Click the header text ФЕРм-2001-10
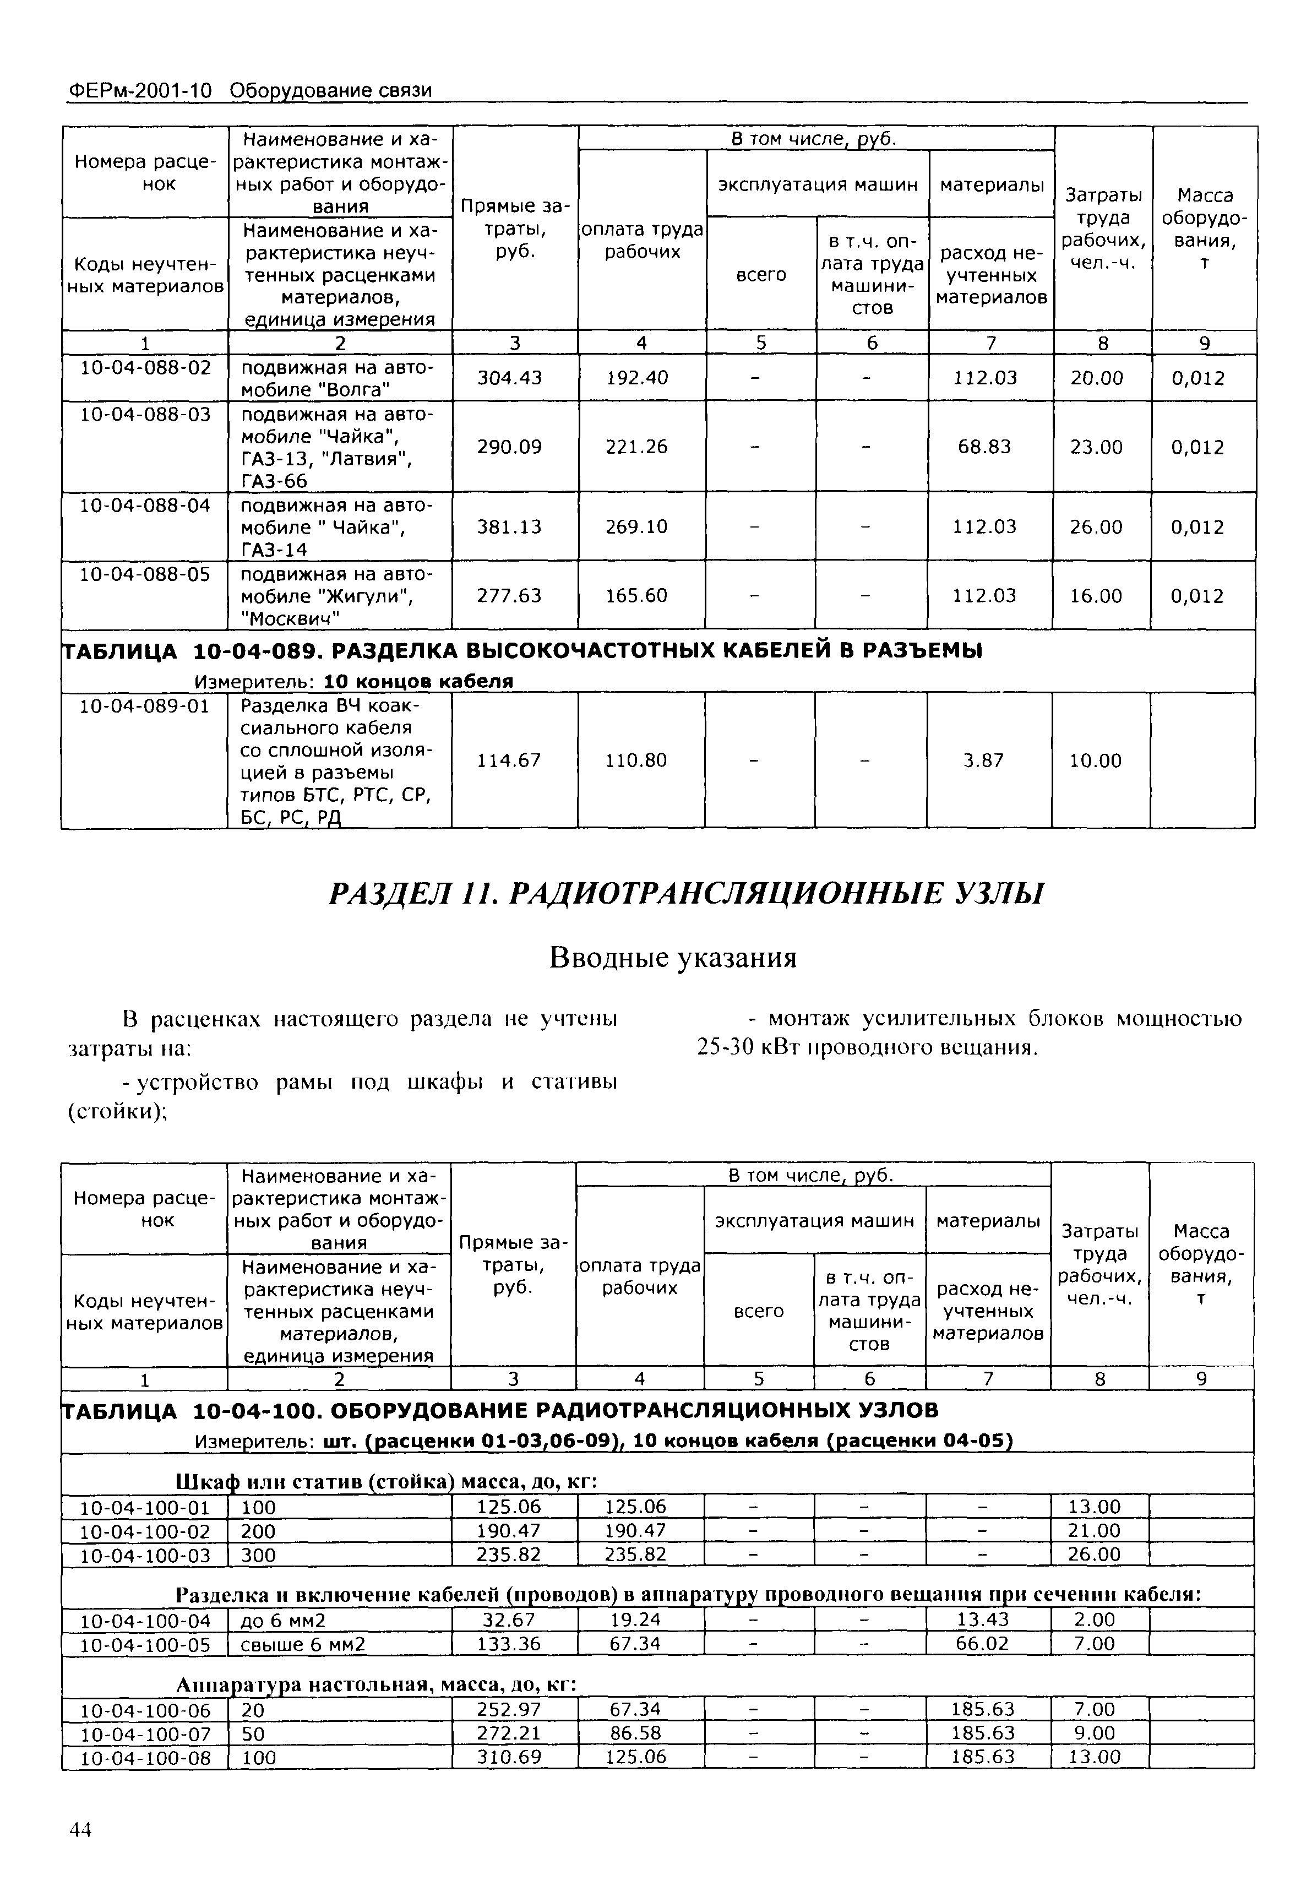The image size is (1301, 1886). coord(139,90)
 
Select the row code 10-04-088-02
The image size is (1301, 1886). coord(145,368)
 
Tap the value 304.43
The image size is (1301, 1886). coord(509,377)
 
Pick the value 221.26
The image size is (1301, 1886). coord(636,447)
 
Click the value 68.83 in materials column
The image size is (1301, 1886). coord(985,447)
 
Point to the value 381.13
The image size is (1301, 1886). coord(509,526)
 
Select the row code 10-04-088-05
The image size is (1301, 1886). coord(145,574)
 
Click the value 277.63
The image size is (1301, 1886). coord(509,596)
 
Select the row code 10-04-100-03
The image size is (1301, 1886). coord(145,1555)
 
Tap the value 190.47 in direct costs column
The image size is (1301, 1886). coord(509,1531)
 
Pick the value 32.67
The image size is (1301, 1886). coord(509,1619)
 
